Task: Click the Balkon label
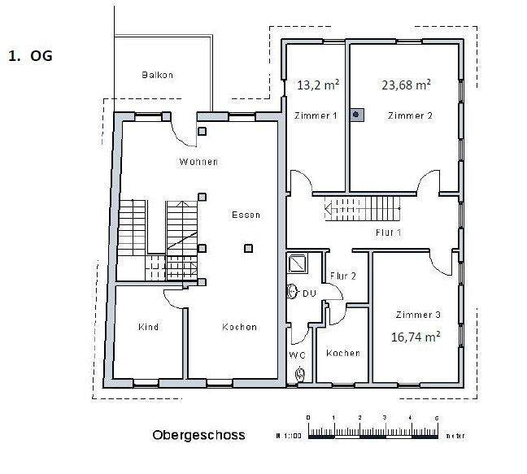click(x=156, y=75)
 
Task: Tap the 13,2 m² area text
click(x=316, y=84)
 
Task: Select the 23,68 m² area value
click(x=406, y=84)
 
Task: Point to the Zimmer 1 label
click(x=315, y=116)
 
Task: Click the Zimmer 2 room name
click(x=409, y=115)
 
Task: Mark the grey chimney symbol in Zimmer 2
click(x=356, y=115)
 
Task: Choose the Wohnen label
click(x=198, y=162)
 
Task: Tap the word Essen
click(x=246, y=215)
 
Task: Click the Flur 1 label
click(x=389, y=233)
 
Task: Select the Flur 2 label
click(x=343, y=276)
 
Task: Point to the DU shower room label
click(x=309, y=294)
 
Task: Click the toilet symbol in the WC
click(x=300, y=373)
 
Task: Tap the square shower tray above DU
click(x=298, y=263)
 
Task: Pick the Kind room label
click(x=148, y=327)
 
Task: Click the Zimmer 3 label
click(x=418, y=315)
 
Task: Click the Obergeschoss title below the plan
click(x=198, y=435)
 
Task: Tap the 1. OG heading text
click(x=29, y=57)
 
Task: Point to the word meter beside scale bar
click(x=455, y=437)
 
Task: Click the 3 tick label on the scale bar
click(x=385, y=418)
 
